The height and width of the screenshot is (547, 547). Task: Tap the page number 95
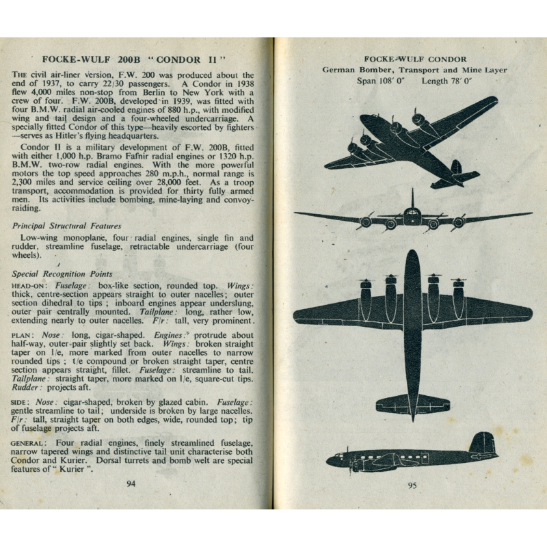412,486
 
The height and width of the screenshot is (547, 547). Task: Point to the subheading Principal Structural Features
67,226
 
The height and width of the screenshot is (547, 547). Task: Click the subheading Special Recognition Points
62,274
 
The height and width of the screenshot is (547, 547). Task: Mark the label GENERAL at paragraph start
30,443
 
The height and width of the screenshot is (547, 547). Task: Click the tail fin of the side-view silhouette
483,444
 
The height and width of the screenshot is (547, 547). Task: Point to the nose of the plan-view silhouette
412,258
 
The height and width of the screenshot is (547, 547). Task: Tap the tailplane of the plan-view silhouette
412,403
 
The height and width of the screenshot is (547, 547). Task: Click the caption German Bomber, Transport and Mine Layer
415,70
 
